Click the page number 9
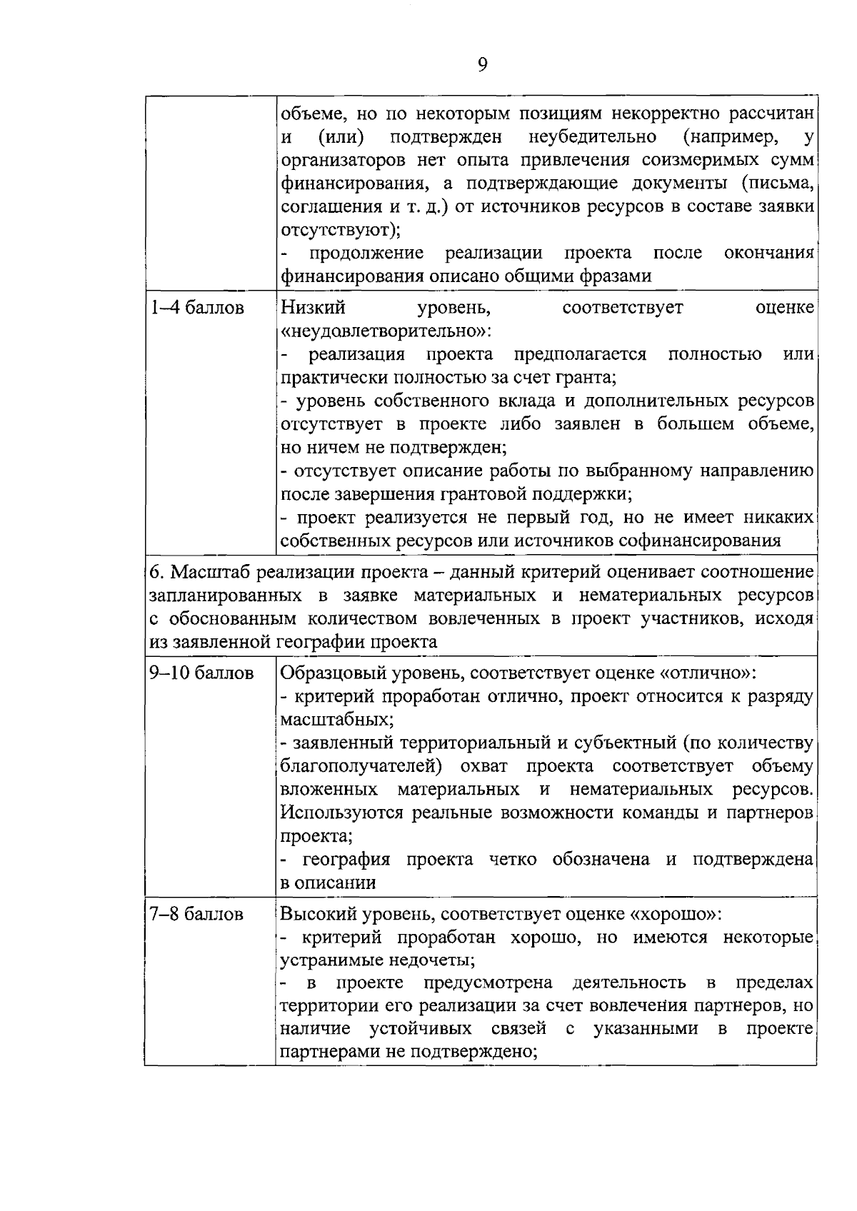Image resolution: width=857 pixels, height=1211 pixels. (482, 66)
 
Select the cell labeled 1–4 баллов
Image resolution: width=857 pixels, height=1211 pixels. (196, 308)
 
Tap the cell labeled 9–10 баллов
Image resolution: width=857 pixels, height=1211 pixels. (201, 673)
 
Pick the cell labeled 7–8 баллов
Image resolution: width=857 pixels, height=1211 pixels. (196, 915)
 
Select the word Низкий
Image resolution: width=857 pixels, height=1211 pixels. (313, 308)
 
